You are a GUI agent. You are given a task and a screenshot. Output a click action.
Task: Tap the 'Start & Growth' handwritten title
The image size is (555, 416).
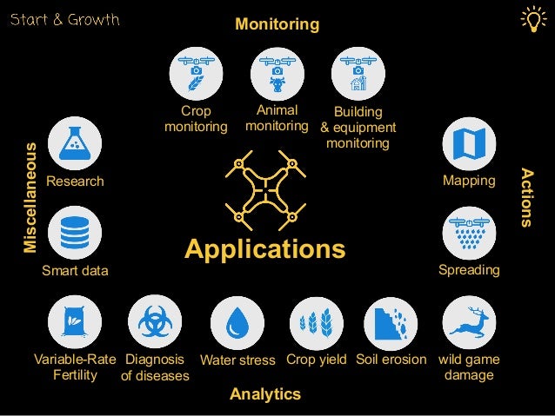(64, 19)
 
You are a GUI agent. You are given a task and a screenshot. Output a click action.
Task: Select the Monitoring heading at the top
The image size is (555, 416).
(277, 25)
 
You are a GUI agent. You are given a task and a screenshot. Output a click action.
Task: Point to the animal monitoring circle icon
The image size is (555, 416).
(277, 73)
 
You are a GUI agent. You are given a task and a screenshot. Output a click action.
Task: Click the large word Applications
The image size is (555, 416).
(264, 249)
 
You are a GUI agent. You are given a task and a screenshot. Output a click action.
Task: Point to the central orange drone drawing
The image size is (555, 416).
(264, 187)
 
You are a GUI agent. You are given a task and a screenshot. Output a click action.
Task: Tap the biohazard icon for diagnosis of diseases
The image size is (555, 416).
(155, 322)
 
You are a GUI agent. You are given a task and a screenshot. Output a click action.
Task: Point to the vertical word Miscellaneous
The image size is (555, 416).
(30, 198)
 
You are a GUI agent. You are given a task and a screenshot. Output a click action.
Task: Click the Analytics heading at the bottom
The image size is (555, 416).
(265, 394)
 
